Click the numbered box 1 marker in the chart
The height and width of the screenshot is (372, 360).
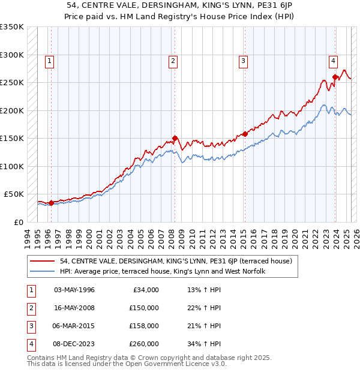49,60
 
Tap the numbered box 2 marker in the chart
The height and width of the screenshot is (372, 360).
173,60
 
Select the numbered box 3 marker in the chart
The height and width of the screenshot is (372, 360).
243,60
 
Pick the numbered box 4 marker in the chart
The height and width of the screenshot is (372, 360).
332,60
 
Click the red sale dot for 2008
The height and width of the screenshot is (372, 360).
175,138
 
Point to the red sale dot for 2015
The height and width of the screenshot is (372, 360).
245,134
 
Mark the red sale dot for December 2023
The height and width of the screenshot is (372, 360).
335,77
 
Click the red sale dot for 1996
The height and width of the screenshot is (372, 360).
51,203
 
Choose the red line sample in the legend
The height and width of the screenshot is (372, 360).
43,261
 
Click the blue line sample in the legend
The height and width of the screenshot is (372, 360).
43,271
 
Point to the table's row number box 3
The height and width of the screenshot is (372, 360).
29,326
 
